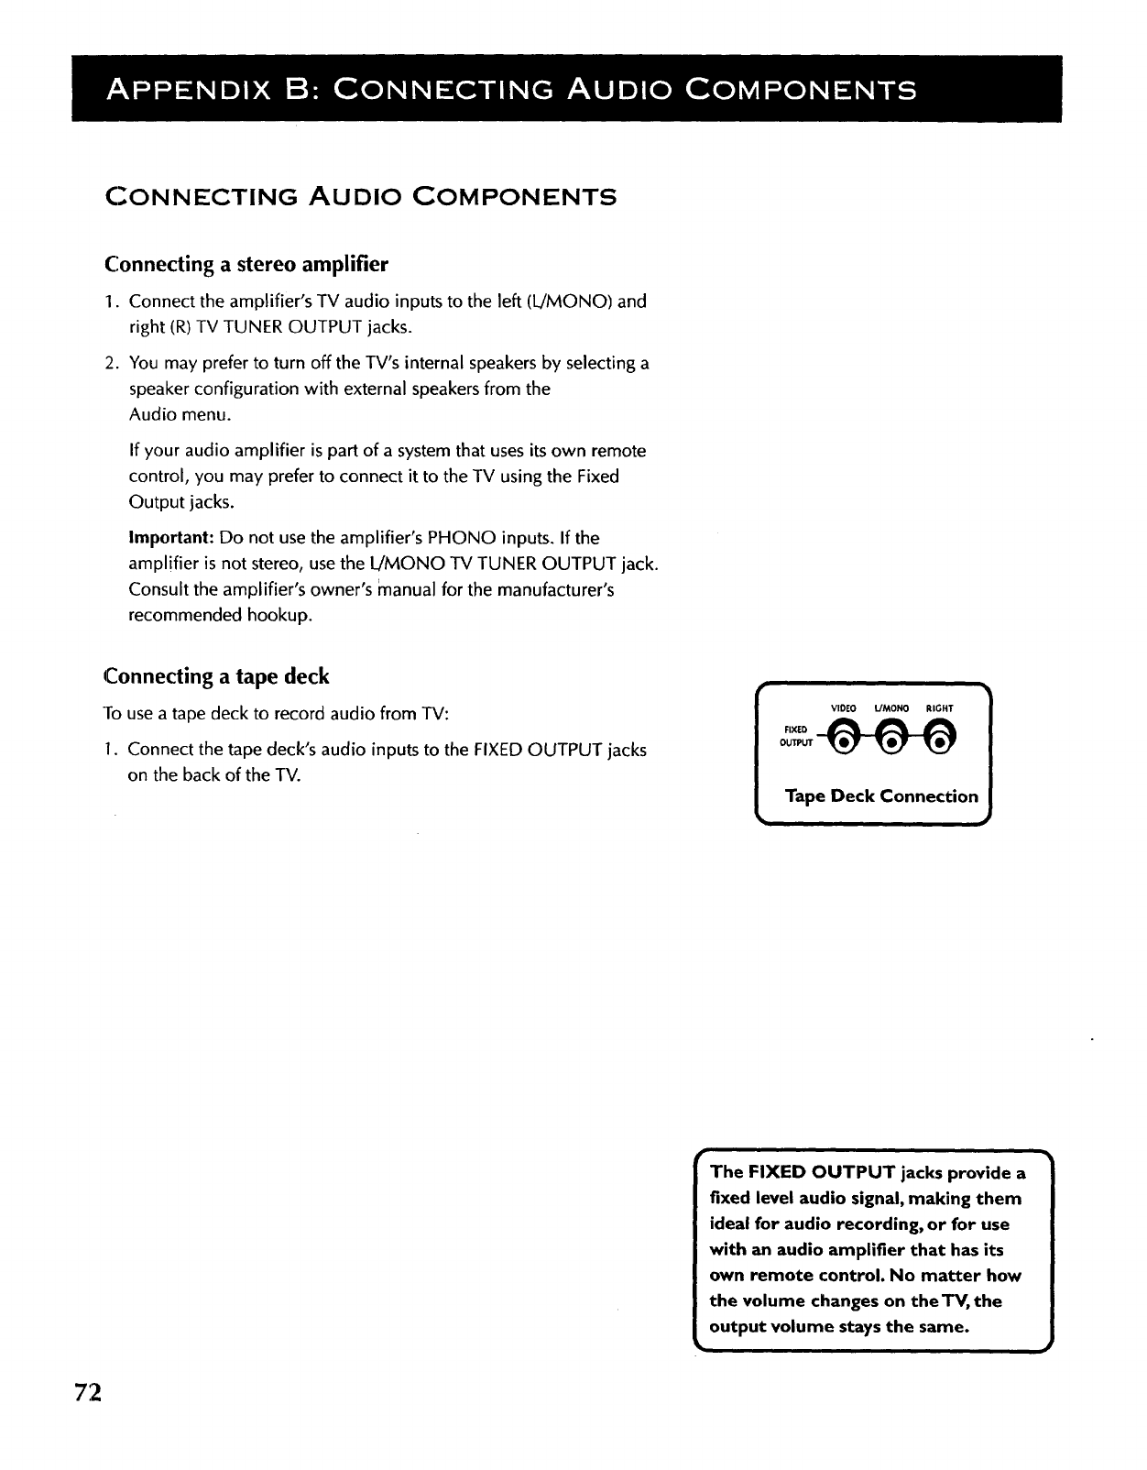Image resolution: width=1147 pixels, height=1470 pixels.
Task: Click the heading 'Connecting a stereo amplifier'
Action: pos(246,265)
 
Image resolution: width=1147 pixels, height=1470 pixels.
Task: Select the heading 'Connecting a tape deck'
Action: pos(217,676)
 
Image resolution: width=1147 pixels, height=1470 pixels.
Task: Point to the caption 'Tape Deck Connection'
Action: pos(881,795)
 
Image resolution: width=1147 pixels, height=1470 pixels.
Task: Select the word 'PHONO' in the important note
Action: pos(455,537)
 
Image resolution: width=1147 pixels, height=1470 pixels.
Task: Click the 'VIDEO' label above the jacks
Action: pos(843,708)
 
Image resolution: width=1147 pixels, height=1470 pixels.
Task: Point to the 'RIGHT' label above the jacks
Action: pos(940,708)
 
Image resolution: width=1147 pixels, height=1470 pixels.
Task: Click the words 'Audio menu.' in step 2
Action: pos(180,414)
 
